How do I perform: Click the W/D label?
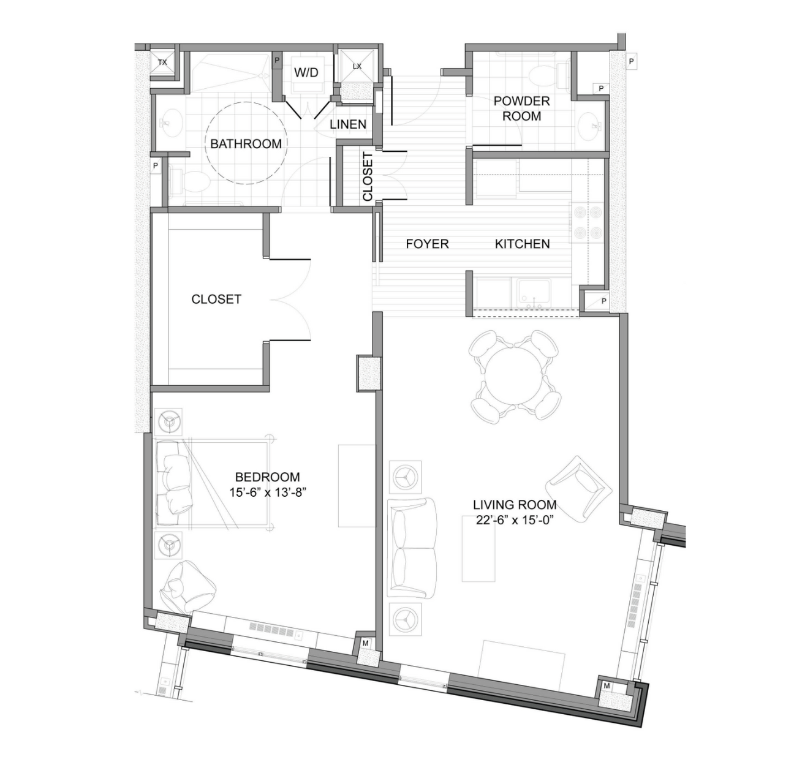coord(306,72)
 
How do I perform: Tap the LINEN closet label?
coord(348,124)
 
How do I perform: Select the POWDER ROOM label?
coord(521,108)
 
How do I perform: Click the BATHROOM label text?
coord(246,144)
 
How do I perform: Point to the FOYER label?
coord(427,244)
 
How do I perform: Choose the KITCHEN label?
coord(522,244)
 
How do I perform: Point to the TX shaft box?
coord(162,62)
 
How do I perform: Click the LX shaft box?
coord(357,66)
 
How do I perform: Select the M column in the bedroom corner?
coord(365,643)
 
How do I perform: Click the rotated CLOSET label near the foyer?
coord(368,177)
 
